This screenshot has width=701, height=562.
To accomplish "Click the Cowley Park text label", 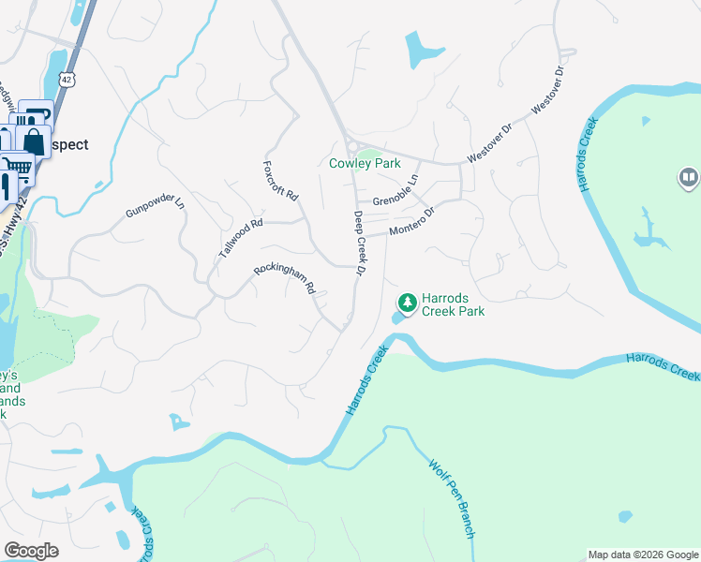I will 365,163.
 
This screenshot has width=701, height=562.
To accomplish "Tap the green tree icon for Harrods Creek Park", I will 407,302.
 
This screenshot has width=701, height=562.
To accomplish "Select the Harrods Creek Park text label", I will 453,304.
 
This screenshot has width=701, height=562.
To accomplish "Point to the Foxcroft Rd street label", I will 279,181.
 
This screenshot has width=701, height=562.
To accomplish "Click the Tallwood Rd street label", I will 241,239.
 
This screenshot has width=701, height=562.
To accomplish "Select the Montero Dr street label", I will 412,223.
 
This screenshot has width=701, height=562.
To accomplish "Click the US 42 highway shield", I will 64,81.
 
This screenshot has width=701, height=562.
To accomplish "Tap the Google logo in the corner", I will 31,551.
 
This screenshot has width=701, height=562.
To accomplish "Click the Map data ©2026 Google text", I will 643,555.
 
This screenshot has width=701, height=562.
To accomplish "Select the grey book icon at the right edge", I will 689,177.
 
